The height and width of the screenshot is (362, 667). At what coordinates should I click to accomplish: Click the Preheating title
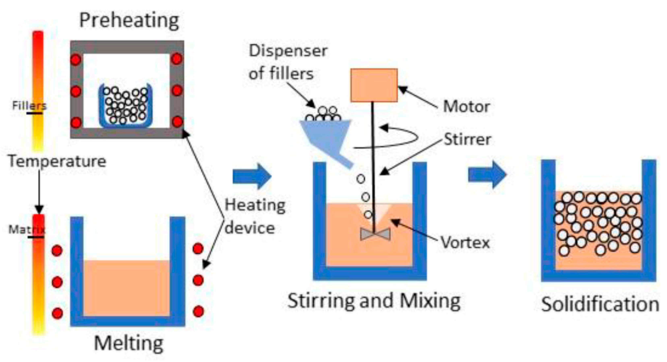(129, 21)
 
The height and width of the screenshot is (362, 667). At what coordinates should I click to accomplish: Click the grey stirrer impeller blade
(375, 234)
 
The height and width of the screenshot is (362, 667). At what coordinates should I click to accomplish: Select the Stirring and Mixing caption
(374, 301)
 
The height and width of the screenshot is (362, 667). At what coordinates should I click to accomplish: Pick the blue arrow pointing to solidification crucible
(487, 174)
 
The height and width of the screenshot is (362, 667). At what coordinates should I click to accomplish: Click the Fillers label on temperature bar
(29, 106)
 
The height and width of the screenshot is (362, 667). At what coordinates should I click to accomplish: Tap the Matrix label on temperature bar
(27, 229)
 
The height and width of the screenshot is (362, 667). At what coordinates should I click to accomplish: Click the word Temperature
(57, 161)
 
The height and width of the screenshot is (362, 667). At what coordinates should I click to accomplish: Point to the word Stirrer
(467, 139)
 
